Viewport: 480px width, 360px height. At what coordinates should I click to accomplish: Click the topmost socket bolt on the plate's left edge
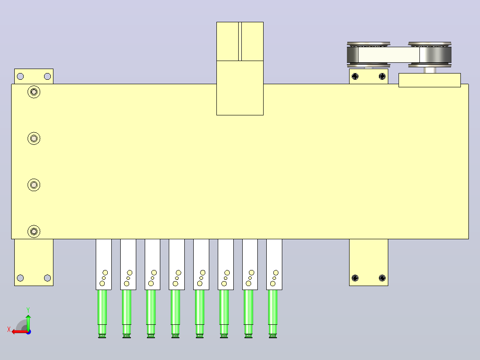(x=34, y=92)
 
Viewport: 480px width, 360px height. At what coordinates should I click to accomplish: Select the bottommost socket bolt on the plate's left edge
(x=34, y=231)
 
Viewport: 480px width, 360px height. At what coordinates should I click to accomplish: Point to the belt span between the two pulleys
(x=389, y=55)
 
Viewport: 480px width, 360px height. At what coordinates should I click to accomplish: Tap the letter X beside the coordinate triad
(x=9, y=330)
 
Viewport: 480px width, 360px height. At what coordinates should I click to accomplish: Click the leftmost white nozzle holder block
(x=104, y=264)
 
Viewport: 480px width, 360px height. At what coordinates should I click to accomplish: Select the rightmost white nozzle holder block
(x=274, y=264)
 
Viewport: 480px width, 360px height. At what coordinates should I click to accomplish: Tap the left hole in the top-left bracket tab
(x=20, y=76)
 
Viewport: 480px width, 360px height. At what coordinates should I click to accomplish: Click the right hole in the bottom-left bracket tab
(x=48, y=278)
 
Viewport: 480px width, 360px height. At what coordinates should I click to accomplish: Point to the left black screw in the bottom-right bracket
(x=355, y=278)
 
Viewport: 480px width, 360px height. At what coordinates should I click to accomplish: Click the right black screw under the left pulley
(x=382, y=76)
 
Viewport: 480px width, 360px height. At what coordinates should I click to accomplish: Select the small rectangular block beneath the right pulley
(x=430, y=80)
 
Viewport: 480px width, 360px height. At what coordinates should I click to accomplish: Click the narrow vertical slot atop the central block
(x=240, y=41)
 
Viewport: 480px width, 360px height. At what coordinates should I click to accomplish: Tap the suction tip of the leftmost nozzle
(x=102, y=336)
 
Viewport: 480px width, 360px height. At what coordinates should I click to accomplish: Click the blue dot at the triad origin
(x=28, y=332)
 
